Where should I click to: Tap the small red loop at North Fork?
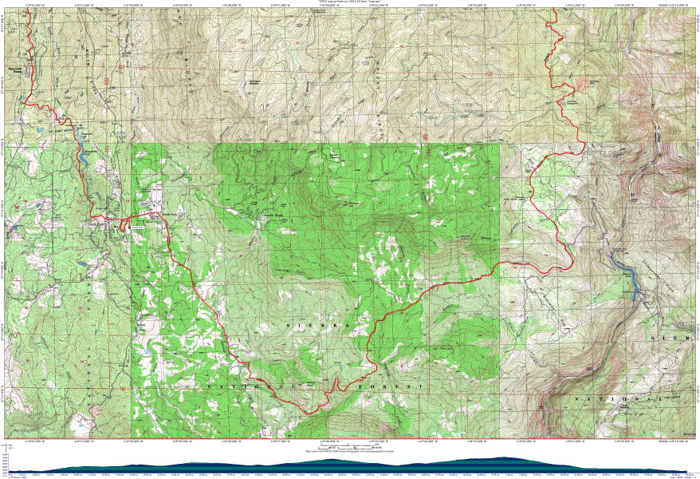[124, 227]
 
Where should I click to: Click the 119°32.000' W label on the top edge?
[33, 3]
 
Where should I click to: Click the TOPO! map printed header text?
[351, 2]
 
